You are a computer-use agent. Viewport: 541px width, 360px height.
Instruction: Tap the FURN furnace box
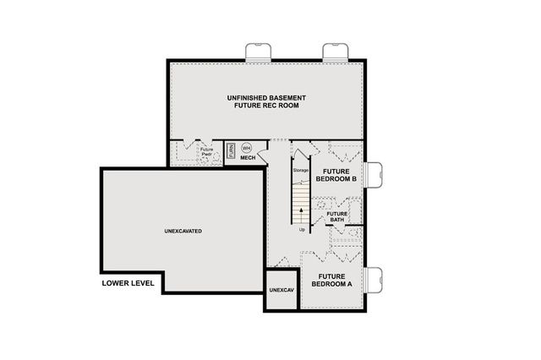click(x=231, y=150)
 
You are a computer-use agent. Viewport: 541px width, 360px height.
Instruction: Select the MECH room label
click(x=248, y=158)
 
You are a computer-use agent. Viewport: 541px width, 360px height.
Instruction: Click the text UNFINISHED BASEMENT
click(x=266, y=98)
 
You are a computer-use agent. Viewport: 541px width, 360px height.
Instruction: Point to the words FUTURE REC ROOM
click(x=266, y=107)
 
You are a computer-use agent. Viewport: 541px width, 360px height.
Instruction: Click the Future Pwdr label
click(x=206, y=152)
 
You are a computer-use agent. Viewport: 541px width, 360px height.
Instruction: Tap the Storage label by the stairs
click(x=300, y=171)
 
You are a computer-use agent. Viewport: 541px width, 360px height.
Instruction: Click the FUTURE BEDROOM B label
click(x=334, y=175)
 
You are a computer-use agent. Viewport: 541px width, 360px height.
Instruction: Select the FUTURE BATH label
click(x=337, y=217)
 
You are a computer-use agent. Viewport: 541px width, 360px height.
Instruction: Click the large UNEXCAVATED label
click(x=183, y=231)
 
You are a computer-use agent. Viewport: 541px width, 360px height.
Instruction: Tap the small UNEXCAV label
click(x=281, y=291)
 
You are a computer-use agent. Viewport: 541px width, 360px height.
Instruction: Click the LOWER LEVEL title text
click(x=128, y=283)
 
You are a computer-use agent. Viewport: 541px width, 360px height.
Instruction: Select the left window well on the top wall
click(x=257, y=52)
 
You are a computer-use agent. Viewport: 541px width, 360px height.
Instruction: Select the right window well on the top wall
click(x=335, y=52)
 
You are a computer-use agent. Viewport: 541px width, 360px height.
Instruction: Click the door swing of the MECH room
click(x=264, y=155)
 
